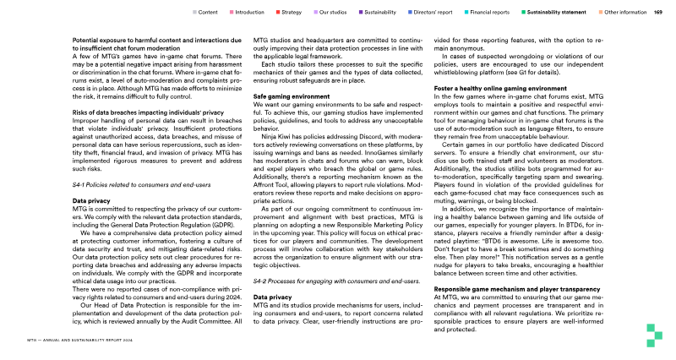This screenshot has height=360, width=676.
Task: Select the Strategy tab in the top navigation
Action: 292,13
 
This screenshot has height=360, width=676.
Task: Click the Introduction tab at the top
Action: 249,13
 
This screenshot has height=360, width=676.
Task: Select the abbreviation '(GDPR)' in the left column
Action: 218,180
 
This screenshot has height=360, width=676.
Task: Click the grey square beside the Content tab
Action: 195,13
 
